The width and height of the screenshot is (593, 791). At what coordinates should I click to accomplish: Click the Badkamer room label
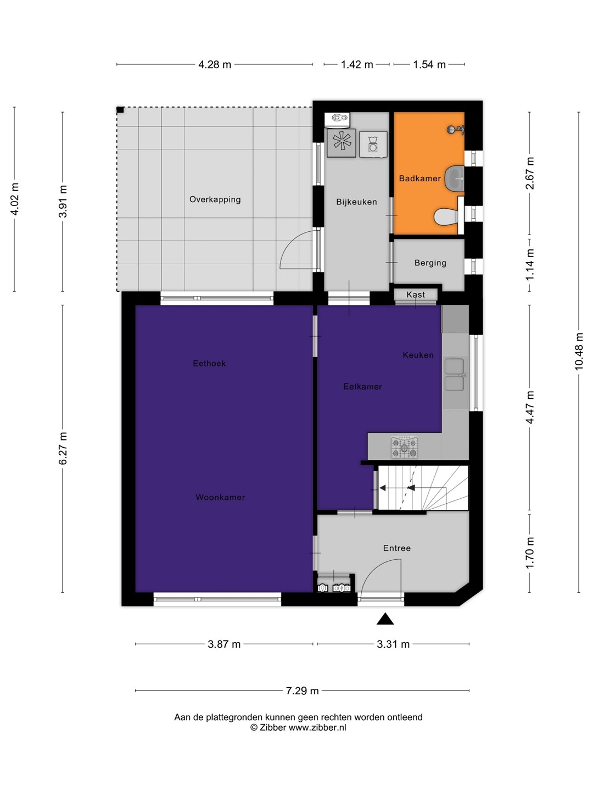420,179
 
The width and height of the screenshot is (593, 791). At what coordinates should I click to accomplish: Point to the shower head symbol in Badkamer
456,130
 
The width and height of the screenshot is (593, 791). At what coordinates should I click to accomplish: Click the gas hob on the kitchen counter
405,448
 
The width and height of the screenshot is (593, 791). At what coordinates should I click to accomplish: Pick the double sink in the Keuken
455,375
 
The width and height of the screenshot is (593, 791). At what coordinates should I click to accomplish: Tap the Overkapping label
215,199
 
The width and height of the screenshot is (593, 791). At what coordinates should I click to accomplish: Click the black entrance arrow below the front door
385,619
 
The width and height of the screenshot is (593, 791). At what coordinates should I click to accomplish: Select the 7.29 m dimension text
302,691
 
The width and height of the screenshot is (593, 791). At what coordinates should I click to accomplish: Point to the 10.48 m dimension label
578,352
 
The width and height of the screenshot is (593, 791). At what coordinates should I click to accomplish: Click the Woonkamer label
220,497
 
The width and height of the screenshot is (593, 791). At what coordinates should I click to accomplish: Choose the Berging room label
430,263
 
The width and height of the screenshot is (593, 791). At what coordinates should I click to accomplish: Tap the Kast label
416,295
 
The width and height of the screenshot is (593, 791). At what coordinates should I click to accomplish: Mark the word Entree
397,548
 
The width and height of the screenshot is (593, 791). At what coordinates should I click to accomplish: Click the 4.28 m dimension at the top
215,64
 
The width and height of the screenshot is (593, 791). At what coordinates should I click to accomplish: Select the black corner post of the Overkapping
120,110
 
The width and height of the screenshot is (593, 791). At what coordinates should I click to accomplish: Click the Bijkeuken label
356,202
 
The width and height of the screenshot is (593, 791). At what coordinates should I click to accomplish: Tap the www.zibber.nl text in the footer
317,728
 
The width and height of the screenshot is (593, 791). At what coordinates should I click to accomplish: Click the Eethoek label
209,364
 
